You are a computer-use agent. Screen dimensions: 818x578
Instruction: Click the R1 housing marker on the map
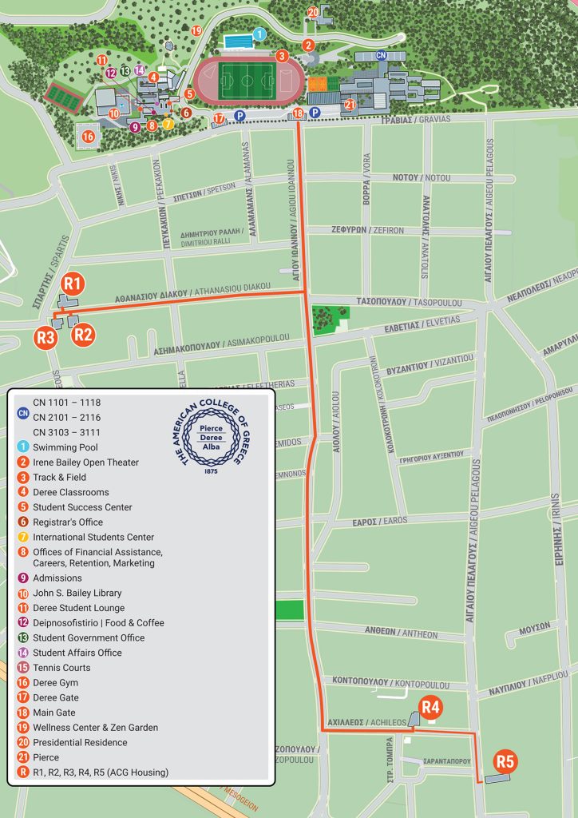[73, 283]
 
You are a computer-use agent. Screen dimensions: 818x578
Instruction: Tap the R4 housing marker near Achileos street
[431, 707]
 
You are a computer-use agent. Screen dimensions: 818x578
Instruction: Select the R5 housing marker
[505, 761]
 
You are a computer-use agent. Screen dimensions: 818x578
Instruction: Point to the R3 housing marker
[46, 337]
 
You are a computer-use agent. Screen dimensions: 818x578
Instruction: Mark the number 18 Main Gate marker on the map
[298, 113]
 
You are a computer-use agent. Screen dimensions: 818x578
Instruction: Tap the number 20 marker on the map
[313, 12]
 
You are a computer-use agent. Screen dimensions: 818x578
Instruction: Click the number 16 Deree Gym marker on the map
[88, 137]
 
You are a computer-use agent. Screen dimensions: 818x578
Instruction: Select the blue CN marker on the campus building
[381, 55]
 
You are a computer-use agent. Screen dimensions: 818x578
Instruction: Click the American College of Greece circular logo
[212, 439]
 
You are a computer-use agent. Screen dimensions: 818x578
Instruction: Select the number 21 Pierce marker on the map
[349, 104]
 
